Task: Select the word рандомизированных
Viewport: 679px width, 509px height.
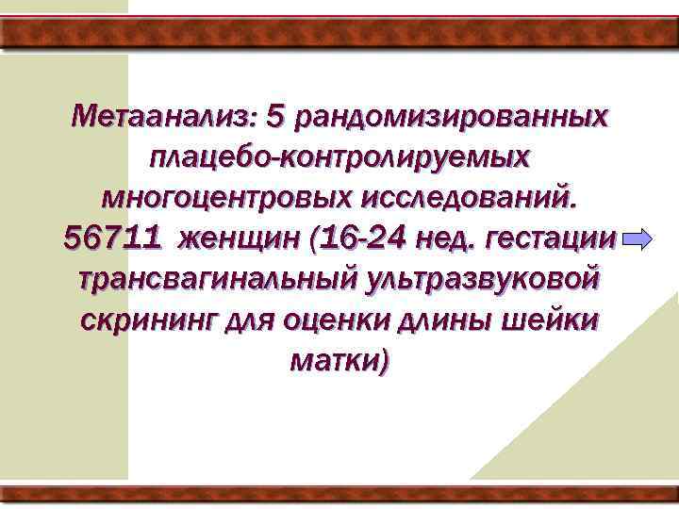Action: (451, 119)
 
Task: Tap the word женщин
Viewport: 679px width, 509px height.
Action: (242, 239)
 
